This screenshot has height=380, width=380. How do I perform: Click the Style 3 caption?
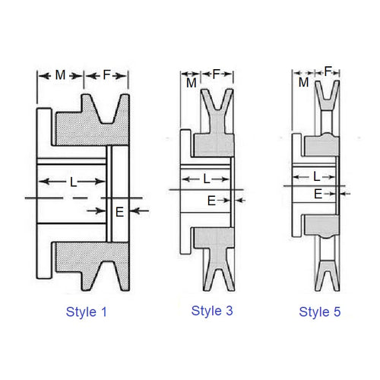pyautogui.click(x=212, y=310)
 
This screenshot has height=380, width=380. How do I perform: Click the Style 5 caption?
pyautogui.click(x=320, y=312)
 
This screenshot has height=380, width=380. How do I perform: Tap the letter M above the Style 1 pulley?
pyautogui.click(x=61, y=75)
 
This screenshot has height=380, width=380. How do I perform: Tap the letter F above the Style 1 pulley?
pyautogui.click(x=106, y=75)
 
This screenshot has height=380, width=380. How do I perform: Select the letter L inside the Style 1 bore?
pyautogui.click(x=72, y=182)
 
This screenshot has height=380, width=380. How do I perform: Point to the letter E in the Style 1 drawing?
pyautogui.click(x=119, y=211)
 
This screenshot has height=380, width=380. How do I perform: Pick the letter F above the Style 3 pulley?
pyautogui.click(x=217, y=74)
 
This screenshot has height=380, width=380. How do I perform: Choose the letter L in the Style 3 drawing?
pyautogui.click(x=207, y=179)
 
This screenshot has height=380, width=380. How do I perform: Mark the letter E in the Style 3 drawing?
pyautogui.click(x=211, y=201)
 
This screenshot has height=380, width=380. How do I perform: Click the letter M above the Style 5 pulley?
pyautogui.click(x=304, y=81)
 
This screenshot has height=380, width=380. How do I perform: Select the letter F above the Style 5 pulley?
pyautogui.click(x=328, y=72)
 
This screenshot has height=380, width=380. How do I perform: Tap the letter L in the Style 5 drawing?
pyautogui.click(x=316, y=176)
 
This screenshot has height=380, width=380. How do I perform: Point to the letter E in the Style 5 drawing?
pyautogui.click(x=318, y=195)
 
